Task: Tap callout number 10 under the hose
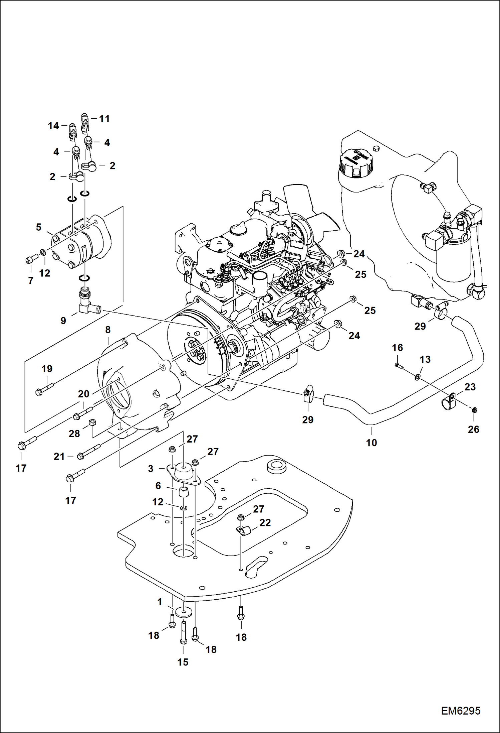(371, 443)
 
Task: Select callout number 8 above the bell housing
(108, 330)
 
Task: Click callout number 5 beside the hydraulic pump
(39, 227)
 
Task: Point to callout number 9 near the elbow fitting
(63, 321)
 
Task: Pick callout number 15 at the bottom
(183, 662)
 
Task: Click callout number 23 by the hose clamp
(470, 387)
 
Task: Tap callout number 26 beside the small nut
(473, 429)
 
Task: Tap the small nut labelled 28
(93, 422)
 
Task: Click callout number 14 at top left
(53, 126)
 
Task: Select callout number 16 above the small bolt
(397, 348)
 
